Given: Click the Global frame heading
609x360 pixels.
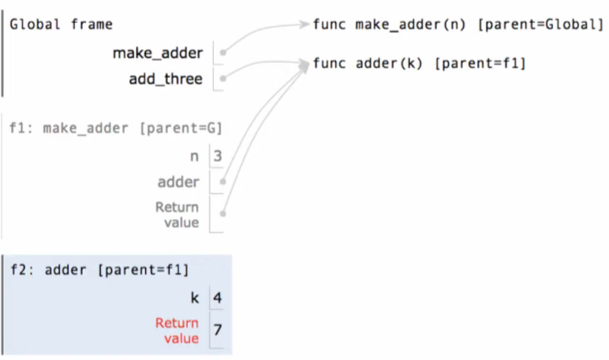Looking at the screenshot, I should [61, 24].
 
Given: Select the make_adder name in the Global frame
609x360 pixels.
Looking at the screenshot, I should [158, 54].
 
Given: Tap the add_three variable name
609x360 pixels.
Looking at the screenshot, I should [166, 79].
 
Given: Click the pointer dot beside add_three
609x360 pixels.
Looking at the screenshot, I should [223, 79].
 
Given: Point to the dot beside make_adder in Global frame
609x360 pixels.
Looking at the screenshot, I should [223, 54].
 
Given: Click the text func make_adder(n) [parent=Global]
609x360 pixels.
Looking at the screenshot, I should [458, 24].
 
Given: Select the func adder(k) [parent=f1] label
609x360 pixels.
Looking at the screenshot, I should [419, 62].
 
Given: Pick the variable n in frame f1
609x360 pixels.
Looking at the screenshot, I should [194, 156].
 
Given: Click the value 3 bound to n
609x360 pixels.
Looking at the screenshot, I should [217, 156].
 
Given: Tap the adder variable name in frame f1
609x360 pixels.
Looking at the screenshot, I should [178, 182].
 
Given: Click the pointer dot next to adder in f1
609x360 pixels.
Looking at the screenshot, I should [223, 182].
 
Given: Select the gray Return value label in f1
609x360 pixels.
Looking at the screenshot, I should [177, 215].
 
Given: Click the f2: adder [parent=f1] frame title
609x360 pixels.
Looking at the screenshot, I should [99, 270].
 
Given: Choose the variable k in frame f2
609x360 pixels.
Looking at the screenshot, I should [194, 298].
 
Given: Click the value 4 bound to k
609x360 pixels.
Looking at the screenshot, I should [217, 298].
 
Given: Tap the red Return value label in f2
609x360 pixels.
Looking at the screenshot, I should [177, 330].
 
